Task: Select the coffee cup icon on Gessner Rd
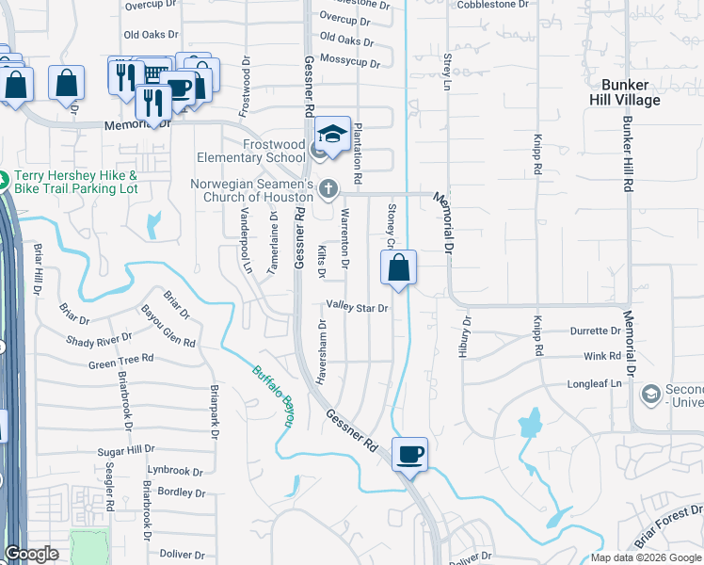pos(409,456)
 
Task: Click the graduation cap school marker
pos(332,135)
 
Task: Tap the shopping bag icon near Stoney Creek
pos(399,268)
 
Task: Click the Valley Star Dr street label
pos(358,307)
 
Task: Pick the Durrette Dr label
pos(596,331)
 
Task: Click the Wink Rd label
pos(602,357)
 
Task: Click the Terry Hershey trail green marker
pos(3,177)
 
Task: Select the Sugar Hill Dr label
pos(126,451)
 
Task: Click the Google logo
pos(32,555)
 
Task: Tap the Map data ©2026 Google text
pos(646,557)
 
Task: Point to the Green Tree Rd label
pos(120,361)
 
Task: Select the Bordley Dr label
pos(182,492)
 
